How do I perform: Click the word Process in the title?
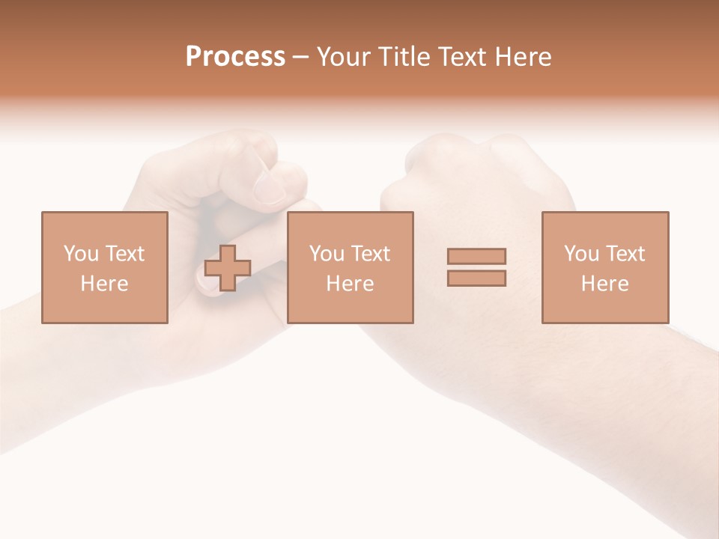pos(235,57)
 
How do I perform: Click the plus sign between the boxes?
pos(228,268)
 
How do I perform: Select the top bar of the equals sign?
pos(476,256)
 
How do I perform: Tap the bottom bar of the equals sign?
pos(476,278)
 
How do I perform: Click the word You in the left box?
pos(79,254)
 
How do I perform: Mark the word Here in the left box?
pos(104,284)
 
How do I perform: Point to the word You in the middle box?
pos(326,254)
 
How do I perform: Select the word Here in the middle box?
pos(350,284)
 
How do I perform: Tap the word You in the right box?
pos(580,254)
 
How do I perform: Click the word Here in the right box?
pos(604,284)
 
